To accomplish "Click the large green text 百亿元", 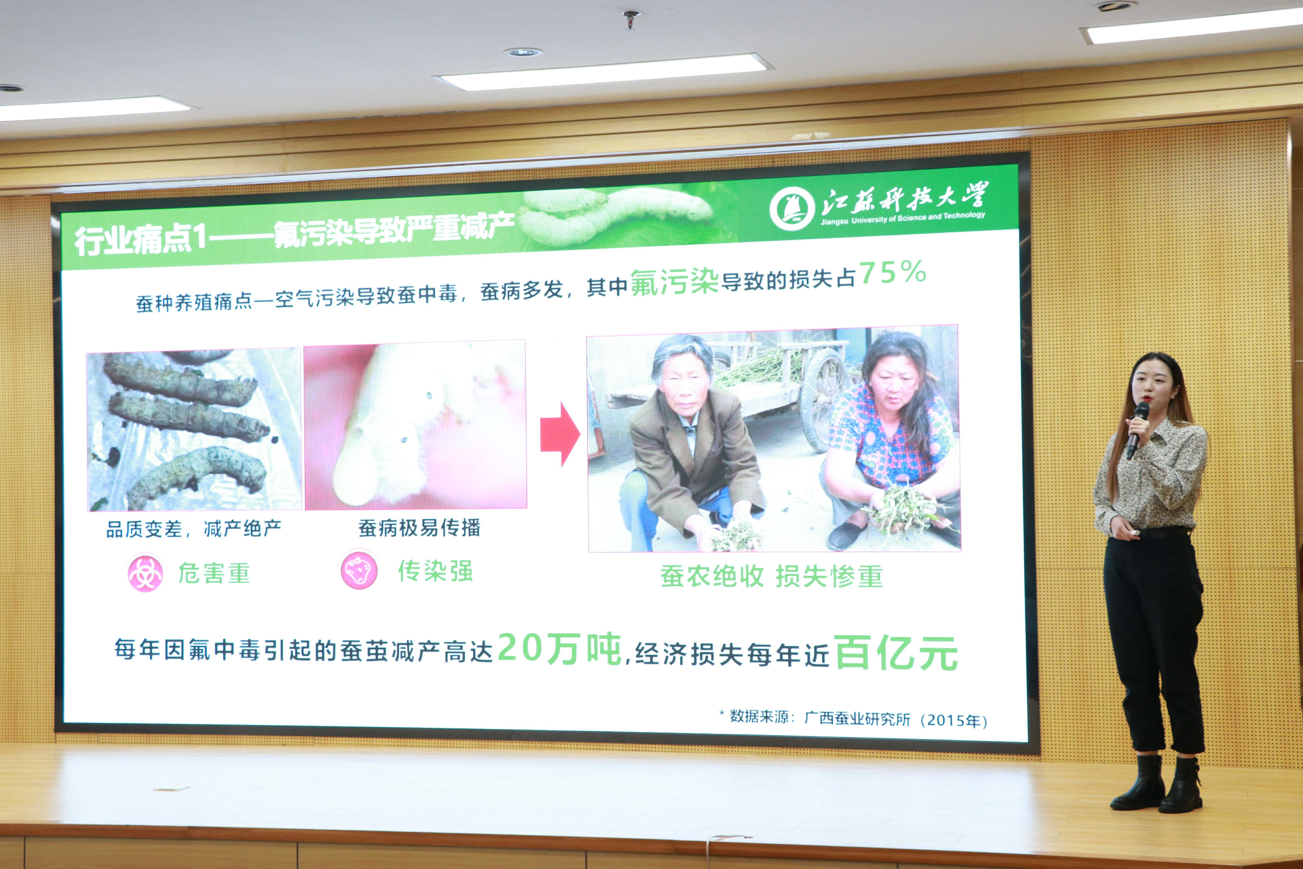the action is (896, 653).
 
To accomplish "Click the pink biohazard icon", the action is (145, 573).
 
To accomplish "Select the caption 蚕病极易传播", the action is (419, 528).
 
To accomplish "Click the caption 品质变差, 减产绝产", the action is (193, 529).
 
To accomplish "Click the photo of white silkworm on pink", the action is (415, 425).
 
